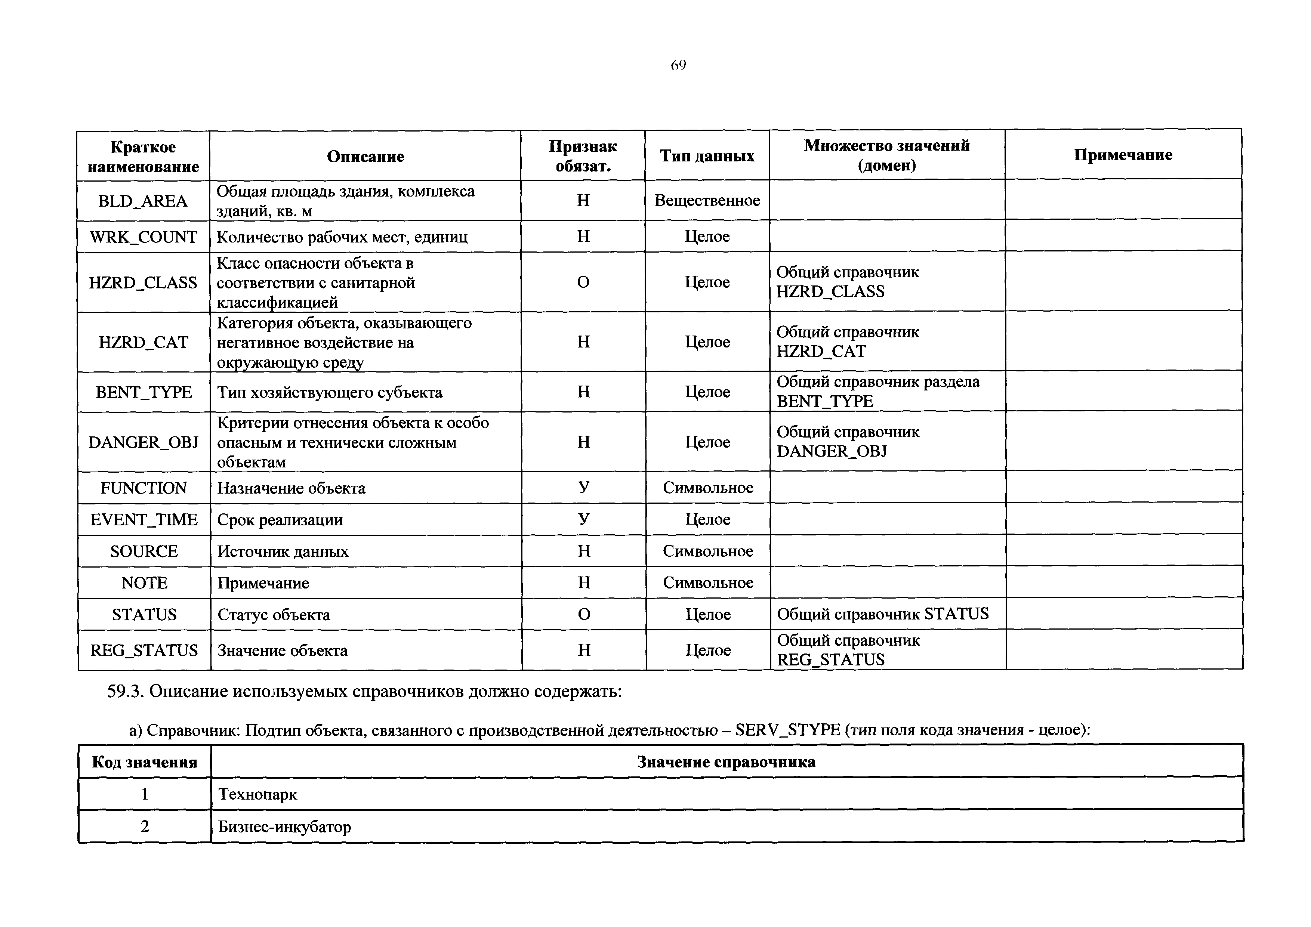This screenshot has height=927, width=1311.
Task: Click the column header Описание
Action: click(x=365, y=157)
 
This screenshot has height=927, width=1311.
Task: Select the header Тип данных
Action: click(x=707, y=156)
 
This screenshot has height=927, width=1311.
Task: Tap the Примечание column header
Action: click(x=1123, y=155)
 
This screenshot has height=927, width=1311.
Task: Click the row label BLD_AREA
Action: click(x=143, y=201)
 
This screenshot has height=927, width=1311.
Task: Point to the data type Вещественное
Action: click(x=707, y=200)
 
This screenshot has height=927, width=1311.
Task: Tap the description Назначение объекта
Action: click(x=291, y=488)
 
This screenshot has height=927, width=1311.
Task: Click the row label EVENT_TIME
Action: click(x=144, y=519)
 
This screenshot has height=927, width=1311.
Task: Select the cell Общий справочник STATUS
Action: click(x=882, y=614)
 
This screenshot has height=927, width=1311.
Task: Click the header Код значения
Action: click(x=145, y=762)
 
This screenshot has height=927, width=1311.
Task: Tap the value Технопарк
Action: click(x=257, y=794)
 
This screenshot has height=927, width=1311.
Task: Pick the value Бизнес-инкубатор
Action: click(x=284, y=826)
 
